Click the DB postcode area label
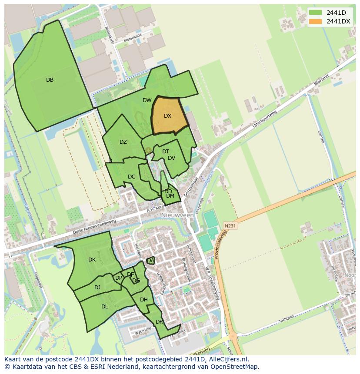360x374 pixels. [x=50, y=80]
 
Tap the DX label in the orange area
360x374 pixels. [x=168, y=116]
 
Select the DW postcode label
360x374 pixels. [x=147, y=100]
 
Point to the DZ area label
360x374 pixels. [x=123, y=142]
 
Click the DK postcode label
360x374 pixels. [x=92, y=260]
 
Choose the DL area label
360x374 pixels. [x=105, y=307]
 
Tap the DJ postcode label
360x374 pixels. [x=97, y=287]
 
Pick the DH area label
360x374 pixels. [x=144, y=300]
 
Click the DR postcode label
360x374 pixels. [x=159, y=321]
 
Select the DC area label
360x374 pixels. [x=132, y=177]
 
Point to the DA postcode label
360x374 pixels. [x=150, y=261]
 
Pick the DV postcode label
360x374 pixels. [x=171, y=158]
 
